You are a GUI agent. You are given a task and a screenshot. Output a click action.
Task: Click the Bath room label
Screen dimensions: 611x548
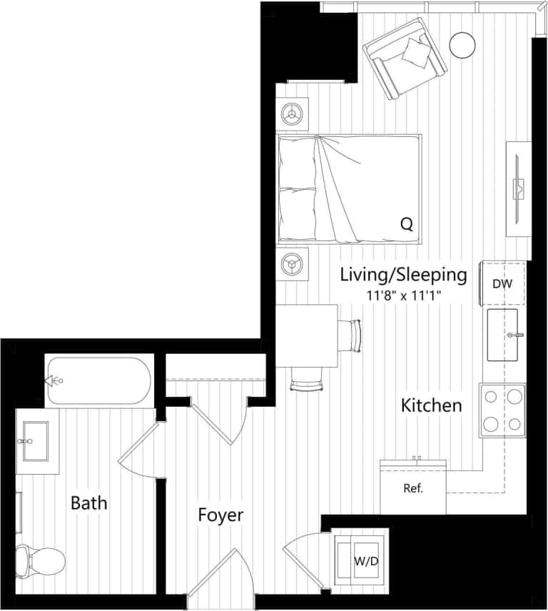(x=89, y=503)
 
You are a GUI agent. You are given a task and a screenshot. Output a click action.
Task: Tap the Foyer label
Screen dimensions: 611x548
(x=220, y=515)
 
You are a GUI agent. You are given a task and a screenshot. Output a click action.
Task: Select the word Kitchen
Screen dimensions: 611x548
(x=431, y=405)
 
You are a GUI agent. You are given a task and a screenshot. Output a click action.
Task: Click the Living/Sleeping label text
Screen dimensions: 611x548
(x=403, y=274)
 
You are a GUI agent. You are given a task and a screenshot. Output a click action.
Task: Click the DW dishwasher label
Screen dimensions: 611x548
(x=502, y=283)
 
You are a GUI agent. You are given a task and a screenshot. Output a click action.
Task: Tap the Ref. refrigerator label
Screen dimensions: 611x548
(x=413, y=489)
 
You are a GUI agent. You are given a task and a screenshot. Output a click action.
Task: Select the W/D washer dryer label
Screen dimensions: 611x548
(x=365, y=561)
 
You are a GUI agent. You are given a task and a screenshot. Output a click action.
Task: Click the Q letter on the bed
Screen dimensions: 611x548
(x=406, y=224)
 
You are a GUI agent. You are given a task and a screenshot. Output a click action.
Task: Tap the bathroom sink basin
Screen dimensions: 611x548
(x=31, y=437)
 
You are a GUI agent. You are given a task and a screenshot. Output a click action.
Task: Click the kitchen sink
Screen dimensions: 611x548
(x=505, y=335)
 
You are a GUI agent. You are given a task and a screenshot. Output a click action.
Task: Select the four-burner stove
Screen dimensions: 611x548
(x=502, y=410)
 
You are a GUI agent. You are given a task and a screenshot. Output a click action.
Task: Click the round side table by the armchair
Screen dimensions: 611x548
(x=462, y=45)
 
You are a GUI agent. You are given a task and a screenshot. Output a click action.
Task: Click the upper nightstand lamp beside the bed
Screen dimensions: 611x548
(x=292, y=113)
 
